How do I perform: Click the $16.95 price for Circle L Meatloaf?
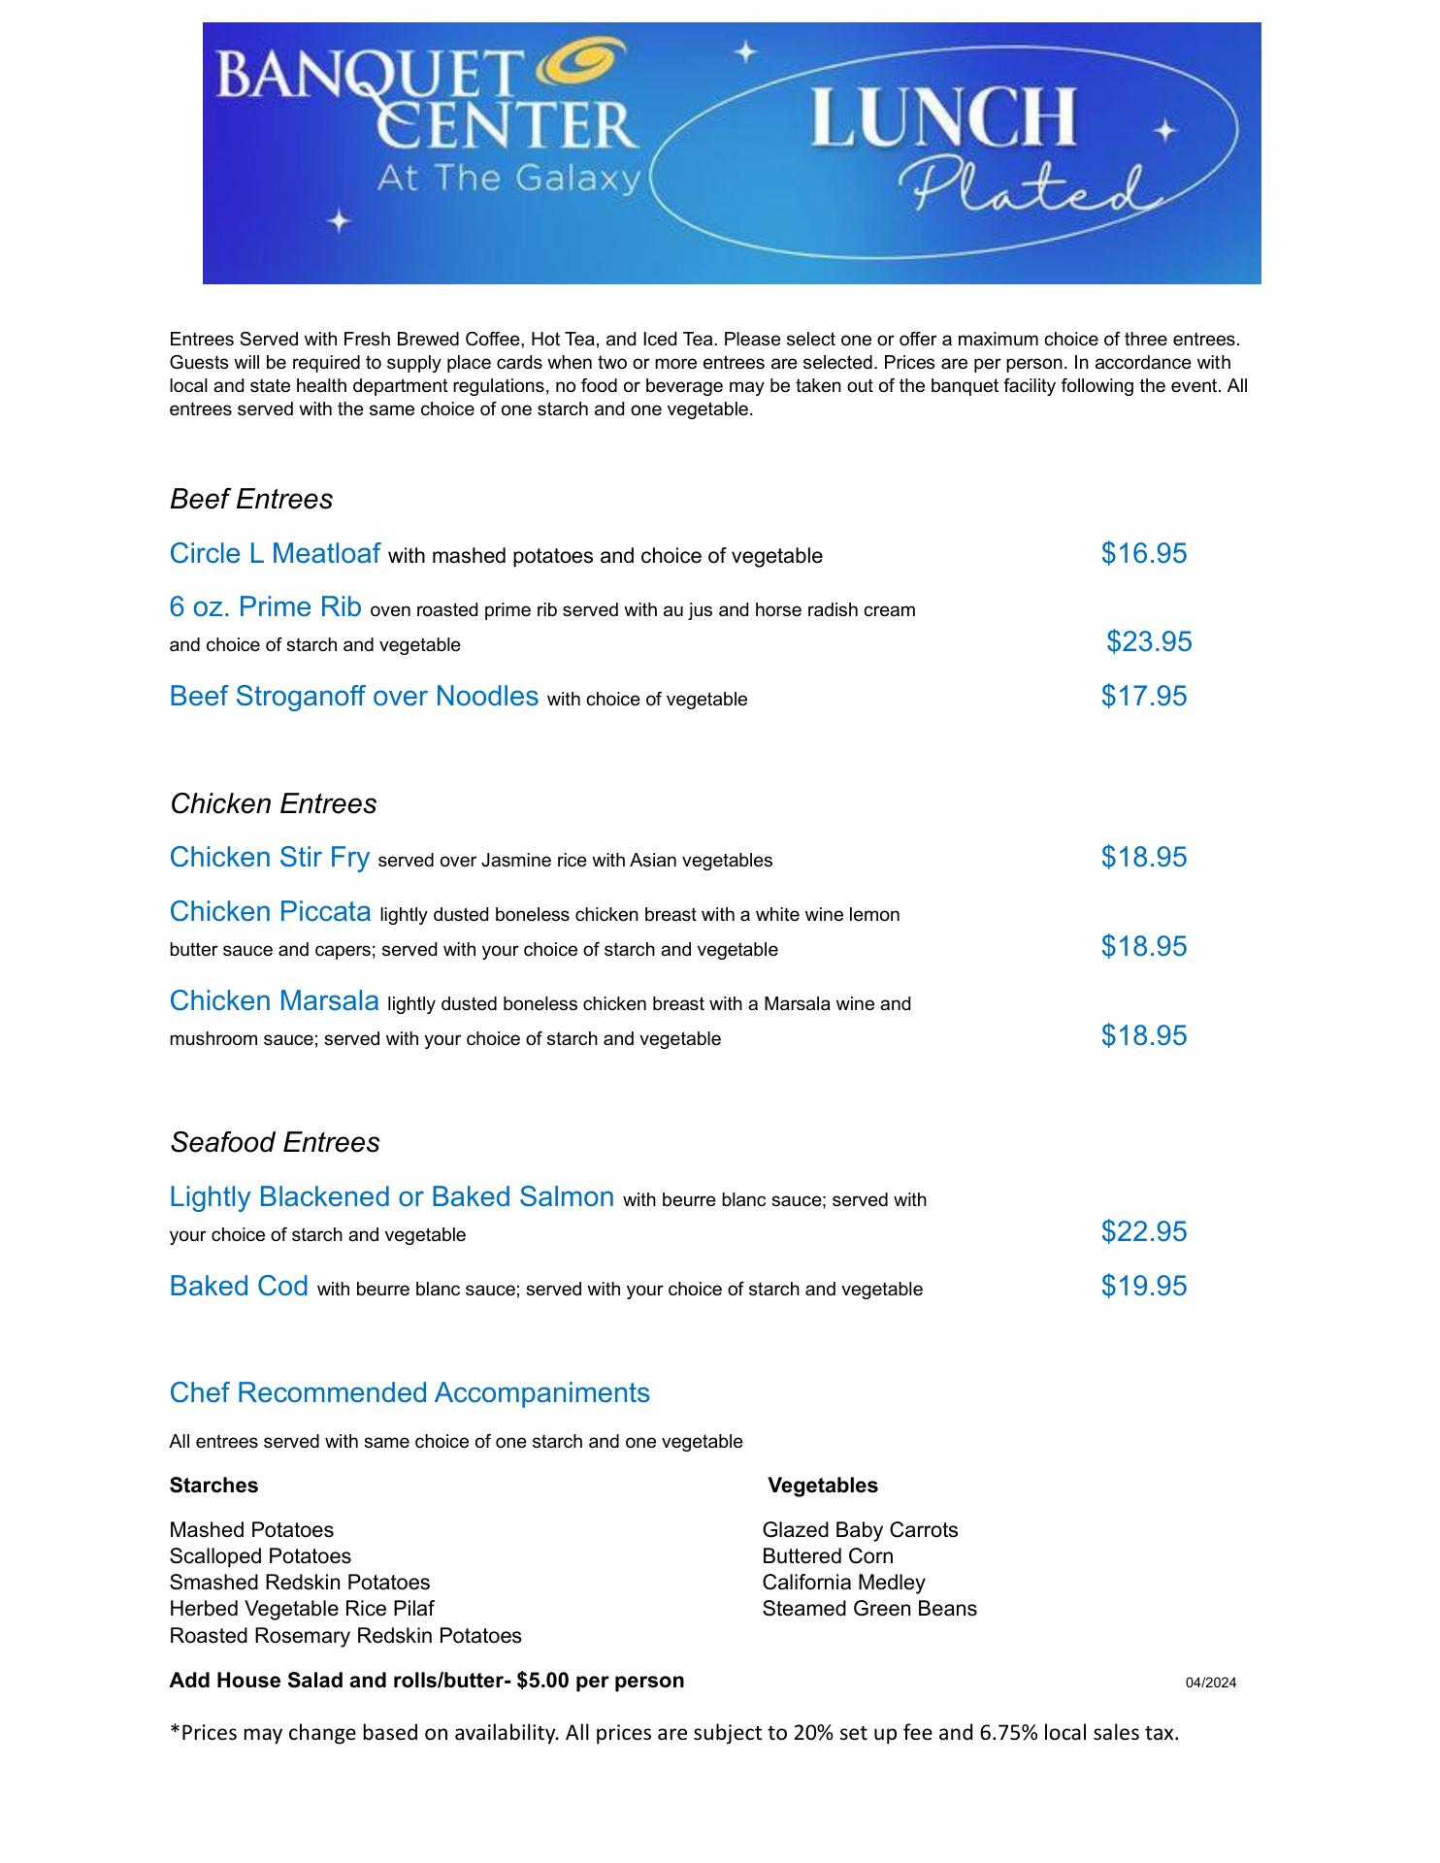[x=1143, y=553]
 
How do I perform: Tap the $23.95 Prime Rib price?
[x=1149, y=641]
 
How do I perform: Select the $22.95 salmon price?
[x=1143, y=1231]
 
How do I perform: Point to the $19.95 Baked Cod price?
[x=1143, y=1286]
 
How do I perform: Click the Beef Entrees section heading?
[x=251, y=499]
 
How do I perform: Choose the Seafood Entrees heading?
[x=275, y=1142]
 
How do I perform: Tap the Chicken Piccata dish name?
[x=270, y=912]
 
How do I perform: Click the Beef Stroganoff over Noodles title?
[x=353, y=696]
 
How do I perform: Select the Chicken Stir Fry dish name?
[x=269, y=858]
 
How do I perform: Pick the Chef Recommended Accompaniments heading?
[x=409, y=1392]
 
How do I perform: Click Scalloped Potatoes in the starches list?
[x=260, y=1556]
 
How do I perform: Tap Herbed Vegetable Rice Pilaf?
[x=302, y=1609]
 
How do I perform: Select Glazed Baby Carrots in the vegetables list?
[x=860, y=1530]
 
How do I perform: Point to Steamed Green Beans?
[x=869, y=1609]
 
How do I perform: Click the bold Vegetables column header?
[x=823, y=1486]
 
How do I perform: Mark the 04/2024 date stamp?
[x=1210, y=1683]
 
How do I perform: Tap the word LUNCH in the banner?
[x=942, y=116]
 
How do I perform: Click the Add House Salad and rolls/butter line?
[x=427, y=1681]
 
